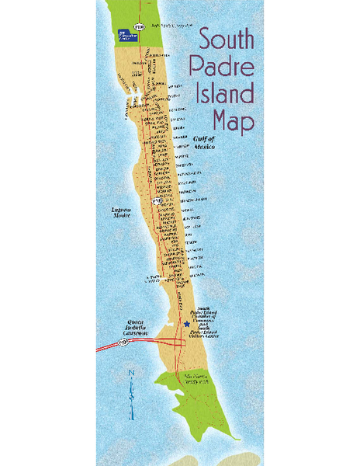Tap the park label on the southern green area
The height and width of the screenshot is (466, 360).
pos(196,379)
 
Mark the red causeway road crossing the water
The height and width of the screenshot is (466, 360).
pos(128,346)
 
